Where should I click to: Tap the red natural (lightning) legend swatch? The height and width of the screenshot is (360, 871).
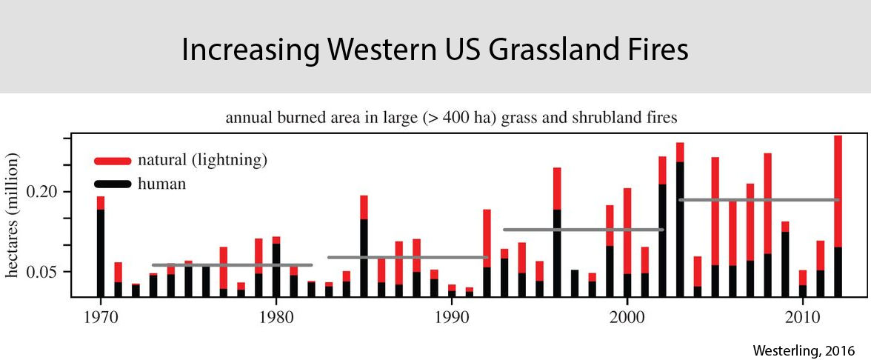click(x=112, y=160)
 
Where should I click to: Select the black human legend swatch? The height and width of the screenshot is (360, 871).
click(x=112, y=184)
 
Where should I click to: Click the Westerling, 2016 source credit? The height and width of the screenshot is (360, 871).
click(x=803, y=350)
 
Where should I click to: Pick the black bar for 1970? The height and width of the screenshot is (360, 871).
click(x=101, y=252)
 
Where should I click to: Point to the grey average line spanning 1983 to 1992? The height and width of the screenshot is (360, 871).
click(x=407, y=257)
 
